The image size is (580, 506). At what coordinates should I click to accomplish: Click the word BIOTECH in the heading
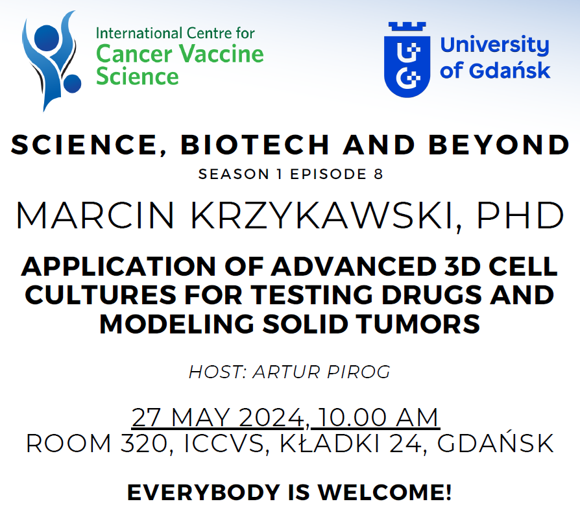(x=255, y=145)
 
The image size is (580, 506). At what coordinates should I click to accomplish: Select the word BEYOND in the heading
(x=499, y=145)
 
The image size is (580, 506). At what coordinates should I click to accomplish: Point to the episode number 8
(x=378, y=175)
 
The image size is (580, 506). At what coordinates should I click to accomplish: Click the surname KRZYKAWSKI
(x=321, y=215)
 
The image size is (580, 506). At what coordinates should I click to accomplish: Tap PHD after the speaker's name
(x=520, y=215)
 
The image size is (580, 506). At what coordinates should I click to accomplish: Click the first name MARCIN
(x=95, y=215)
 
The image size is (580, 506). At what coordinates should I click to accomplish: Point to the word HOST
(x=215, y=372)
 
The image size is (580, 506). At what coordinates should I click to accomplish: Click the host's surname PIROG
(x=358, y=372)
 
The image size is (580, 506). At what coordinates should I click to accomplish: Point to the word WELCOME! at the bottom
(x=385, y=492)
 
